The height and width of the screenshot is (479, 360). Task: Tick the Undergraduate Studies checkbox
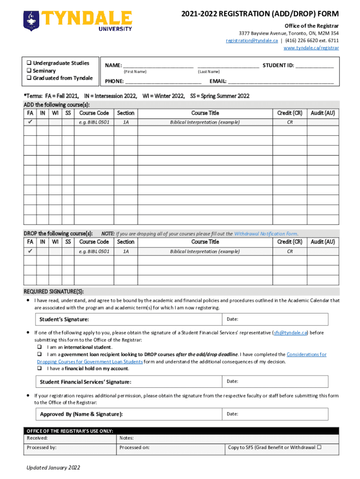tap(29, 63)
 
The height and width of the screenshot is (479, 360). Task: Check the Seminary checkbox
tap(29, 71)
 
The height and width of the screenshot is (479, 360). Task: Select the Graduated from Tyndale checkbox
tap(29, 78)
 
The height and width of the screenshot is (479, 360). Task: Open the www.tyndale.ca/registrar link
tap(311, 48)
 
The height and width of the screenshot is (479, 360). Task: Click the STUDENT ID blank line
tap(314, 66)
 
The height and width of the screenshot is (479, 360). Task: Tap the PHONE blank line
tap(163, 81)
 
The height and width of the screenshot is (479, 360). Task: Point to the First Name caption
tap(135, 72)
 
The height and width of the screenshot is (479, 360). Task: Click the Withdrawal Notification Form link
tap(266, 233)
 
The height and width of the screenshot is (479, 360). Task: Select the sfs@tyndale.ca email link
tap(290, 333)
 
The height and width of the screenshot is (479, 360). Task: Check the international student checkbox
tap(40, 348)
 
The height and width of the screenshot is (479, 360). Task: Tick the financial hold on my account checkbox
tap(40, 369)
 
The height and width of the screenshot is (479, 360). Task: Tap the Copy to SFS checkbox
tap(319, 447)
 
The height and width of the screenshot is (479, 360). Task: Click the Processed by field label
tap(42, 448)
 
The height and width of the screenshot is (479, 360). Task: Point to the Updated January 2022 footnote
tap(53, 468)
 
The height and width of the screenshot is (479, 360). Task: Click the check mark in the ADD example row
tap(30, 122)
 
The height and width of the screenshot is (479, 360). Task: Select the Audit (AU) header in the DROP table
tap(323, 242)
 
